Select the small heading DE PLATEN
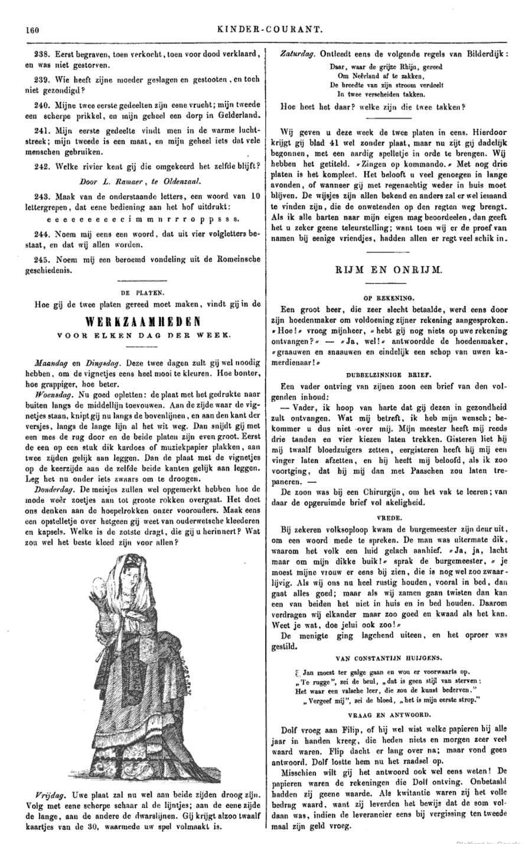(x=144, y=291)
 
